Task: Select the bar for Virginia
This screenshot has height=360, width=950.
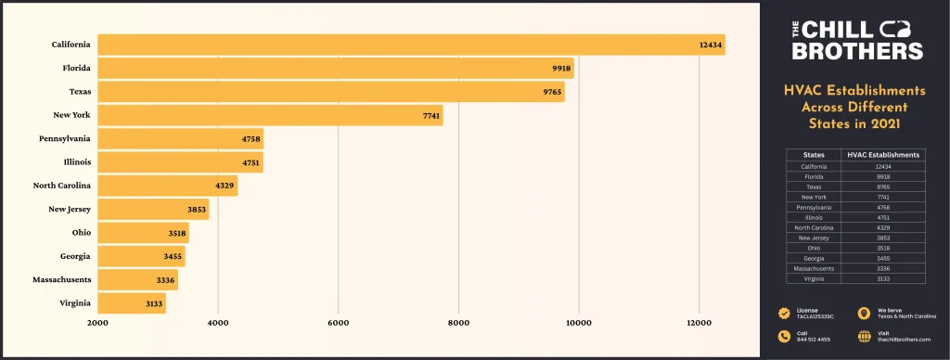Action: (132, 302)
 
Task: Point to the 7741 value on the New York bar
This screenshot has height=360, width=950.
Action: (428, 115)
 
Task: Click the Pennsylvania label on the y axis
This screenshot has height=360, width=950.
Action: (65, 138)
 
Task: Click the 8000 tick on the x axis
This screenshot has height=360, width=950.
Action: (458, 324)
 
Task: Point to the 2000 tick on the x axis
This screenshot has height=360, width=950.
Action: (97, 324)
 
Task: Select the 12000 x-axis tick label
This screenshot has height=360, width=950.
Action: (699, 324)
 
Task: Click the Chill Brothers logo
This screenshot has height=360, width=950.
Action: (854, 42)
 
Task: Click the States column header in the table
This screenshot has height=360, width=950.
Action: (813, 155)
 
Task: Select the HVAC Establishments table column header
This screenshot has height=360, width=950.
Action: (882, 155)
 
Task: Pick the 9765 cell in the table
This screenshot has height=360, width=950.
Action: (882, 186)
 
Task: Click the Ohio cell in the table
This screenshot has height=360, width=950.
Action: (813, 248)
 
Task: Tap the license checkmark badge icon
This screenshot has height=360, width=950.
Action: (785, 313)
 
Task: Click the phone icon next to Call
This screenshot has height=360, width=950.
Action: (785, 337)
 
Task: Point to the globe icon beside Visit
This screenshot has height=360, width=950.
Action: (865, 337)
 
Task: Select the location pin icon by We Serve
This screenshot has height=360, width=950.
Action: (865, 313)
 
